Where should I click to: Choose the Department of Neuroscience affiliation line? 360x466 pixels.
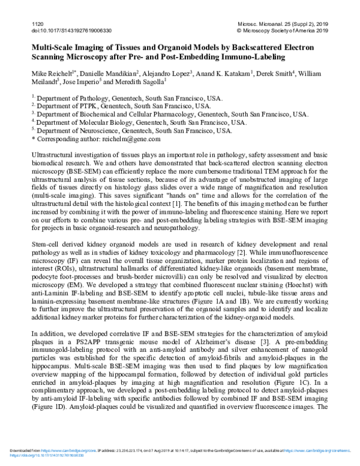pyautogui.click(x=133, y=130)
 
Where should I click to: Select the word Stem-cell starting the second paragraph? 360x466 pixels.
pyautogui.click(x=46, y=239)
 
